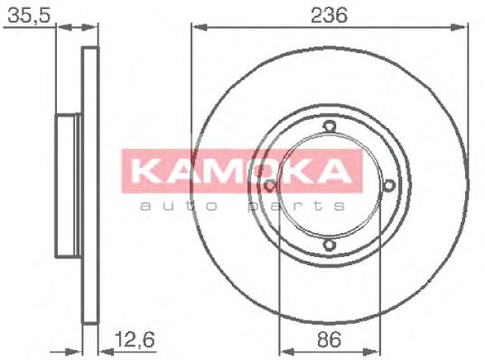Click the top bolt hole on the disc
[x=330, y=126]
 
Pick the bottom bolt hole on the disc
[x=330, y=245]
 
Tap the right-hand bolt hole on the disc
[x=388, y=186]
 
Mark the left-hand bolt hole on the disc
[x=271, y=186]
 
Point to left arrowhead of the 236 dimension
[x=195, y=27]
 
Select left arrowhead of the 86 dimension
[x=282, y=349]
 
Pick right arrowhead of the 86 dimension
[x=377, y=349]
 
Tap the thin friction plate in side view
[x=89, y=185]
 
